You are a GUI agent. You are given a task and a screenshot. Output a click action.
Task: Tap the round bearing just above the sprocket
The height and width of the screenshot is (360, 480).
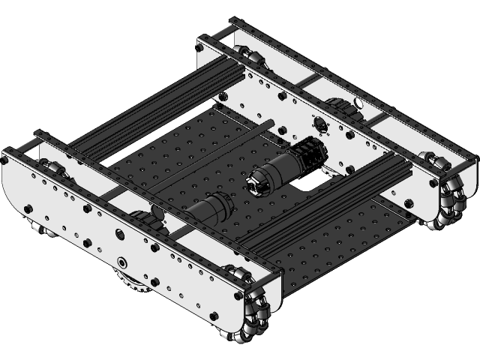[121, 262]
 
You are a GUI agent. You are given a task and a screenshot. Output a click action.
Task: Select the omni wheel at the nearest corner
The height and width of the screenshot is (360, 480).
[255, 319]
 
